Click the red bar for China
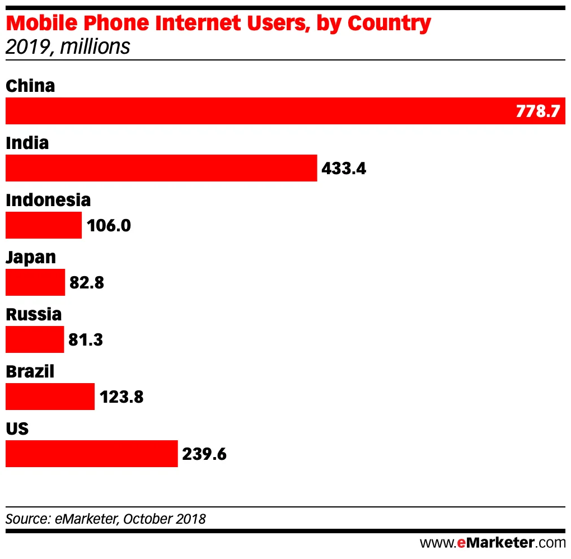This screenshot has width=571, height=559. click(258, 111)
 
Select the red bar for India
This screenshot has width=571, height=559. click(161, 168)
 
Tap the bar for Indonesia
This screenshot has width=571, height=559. click(44, 225)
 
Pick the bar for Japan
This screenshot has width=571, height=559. click(35, 282)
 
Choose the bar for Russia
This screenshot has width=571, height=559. click(35, 339)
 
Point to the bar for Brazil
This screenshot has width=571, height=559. click(50, 397)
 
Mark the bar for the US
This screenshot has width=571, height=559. click(91, 454)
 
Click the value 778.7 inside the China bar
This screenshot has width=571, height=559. click(537, 111)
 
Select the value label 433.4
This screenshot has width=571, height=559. click(344, 168)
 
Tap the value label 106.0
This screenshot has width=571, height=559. click(109, 225)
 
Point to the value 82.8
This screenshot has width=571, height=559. click(87, 282)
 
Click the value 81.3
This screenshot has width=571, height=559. click(86, 339)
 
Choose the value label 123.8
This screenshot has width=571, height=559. click(121, 397)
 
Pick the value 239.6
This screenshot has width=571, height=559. click(204, 454)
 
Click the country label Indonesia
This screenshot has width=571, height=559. click(48, 199)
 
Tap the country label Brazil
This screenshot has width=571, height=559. click(30, 371)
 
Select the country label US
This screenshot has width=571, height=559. click(17, 428)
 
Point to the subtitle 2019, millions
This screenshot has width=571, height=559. click(68, 46)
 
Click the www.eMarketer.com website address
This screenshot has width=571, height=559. click(493, 542)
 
